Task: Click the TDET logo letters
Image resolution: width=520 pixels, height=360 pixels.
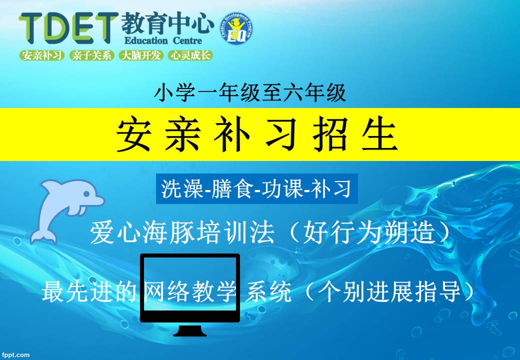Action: pos(68,28)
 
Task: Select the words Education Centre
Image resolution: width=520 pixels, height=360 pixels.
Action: pos(163,41)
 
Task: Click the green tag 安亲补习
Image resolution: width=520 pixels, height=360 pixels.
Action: pos(42,55)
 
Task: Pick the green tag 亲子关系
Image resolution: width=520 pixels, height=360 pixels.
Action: pos(91,55)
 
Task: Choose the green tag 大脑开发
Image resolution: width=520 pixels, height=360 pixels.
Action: pos(140,55)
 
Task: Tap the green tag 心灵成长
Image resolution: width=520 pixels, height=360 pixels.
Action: pos(190,55)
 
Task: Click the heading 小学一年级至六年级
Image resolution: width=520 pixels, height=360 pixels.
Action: pos(250,92)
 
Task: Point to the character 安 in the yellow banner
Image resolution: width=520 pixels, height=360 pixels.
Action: pos(134,134)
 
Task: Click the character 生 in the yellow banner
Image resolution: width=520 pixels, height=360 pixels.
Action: pos(379,134)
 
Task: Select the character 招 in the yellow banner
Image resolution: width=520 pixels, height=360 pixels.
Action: pos(330,134)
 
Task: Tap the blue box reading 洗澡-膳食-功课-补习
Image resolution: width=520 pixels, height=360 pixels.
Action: pos(256,188)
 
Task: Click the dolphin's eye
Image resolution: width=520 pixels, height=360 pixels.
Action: pos(86,194)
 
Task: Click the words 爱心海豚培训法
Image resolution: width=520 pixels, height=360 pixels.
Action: pos(182,233)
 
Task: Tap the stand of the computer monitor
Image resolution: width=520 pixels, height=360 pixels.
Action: pos(190,329)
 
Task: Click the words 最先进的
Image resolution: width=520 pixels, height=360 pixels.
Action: pos(89,291)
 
